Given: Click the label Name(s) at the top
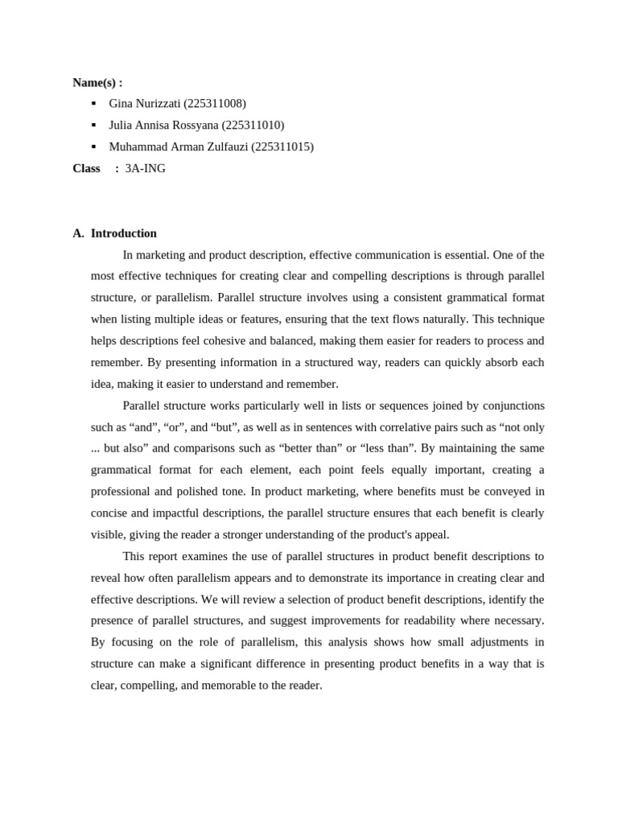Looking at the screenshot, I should pos(95,82).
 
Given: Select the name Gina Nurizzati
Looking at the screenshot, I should pos(145,104).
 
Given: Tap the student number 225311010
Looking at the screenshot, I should pos(252,126).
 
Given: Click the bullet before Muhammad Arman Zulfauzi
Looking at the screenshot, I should pos(94,146).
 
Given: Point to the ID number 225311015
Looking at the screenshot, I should pos(282,147).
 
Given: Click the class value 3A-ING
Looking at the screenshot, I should pos(146,169).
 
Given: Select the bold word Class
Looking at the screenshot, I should pos(86,169).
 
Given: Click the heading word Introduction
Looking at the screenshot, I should pos(124,233).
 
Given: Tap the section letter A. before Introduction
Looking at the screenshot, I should pos(78,233).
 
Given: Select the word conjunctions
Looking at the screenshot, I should pos(511,406).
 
